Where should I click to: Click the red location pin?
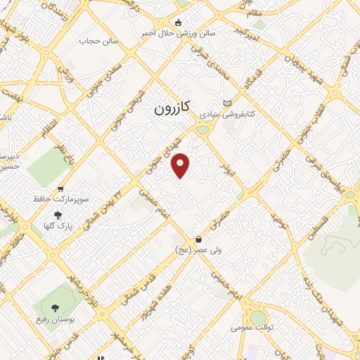[x=181, y=165]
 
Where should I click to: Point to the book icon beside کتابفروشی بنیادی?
[x=226, y=102]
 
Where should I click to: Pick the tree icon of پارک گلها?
[x=58, y=216]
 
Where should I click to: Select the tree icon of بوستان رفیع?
[x=54, y=307]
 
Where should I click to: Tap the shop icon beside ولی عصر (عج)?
[x=200, y=239]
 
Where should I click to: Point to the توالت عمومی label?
[x=250, y=328]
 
